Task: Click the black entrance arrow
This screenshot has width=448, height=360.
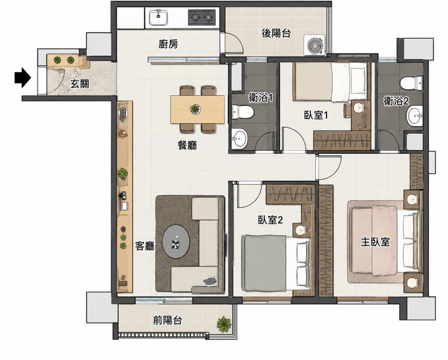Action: [22, 77]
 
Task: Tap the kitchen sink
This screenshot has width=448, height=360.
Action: [158, 17]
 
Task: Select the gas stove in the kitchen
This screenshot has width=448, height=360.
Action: [202, 17]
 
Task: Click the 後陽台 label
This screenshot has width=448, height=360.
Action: [276, 34]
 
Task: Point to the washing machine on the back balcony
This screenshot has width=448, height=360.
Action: [315, 45]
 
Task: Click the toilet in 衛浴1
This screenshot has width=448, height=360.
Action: [242, 112]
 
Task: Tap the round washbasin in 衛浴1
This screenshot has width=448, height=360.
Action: [239, 138]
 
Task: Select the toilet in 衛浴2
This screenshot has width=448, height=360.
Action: [412, 83]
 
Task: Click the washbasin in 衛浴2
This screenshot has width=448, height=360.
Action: [415, 116]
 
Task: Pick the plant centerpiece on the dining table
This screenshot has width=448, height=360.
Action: [195, 109]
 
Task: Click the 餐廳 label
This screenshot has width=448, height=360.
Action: [187, 146]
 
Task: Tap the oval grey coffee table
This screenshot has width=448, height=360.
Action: [176, 242]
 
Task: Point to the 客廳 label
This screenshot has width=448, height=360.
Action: [145, 246]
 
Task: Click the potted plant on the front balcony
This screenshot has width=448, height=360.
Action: [223, 324]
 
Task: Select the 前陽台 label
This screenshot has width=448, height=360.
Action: [167, 320]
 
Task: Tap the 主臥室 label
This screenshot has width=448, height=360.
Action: [375, 242]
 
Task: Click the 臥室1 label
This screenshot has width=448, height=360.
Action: [315, 115]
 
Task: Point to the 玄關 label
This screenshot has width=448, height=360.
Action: [80, 84]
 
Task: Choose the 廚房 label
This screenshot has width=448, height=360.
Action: [169, 44]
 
